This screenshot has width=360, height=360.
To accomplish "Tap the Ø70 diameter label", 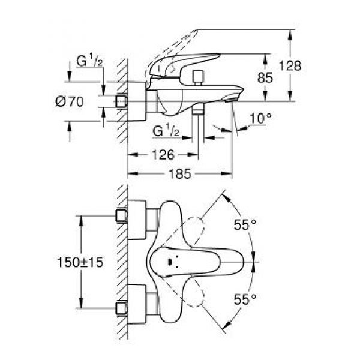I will [x=85, y=102].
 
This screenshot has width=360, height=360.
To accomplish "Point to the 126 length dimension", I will [x=162, y=155].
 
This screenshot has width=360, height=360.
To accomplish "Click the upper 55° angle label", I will [x=245, y=224].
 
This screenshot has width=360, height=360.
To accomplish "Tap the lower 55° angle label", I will [x=245, y=298].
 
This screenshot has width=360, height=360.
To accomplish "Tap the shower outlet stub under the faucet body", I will [x=199, y=112].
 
